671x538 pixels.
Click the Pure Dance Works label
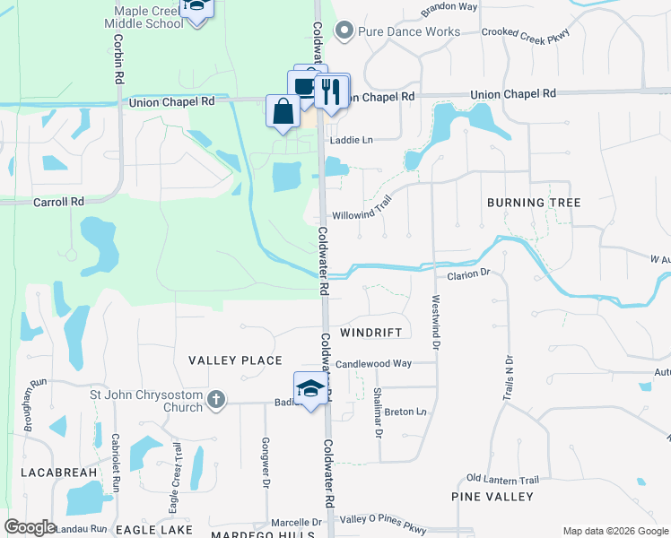pyautogui.click(x=409, y=32)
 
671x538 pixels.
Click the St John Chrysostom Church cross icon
pyautogui.click(x=216, y=401)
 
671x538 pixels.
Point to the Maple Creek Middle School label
pyautogui.click(x=149, y=17)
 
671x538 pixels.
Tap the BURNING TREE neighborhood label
pyautogui.click(x=534, y=203)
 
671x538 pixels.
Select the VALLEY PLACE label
pyautogui.click(x=235, y=360)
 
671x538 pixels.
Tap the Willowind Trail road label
pyautogui.click(x=363, y=212)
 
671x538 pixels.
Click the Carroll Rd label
pyautogui.click(x=58, y=202)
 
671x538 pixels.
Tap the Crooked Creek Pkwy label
pyautogui.click(x=526, y=32)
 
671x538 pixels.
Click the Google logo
pyautogui.click(x=30, y=526)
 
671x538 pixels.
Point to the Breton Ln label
pyautogui.click(x=405, y=412)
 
